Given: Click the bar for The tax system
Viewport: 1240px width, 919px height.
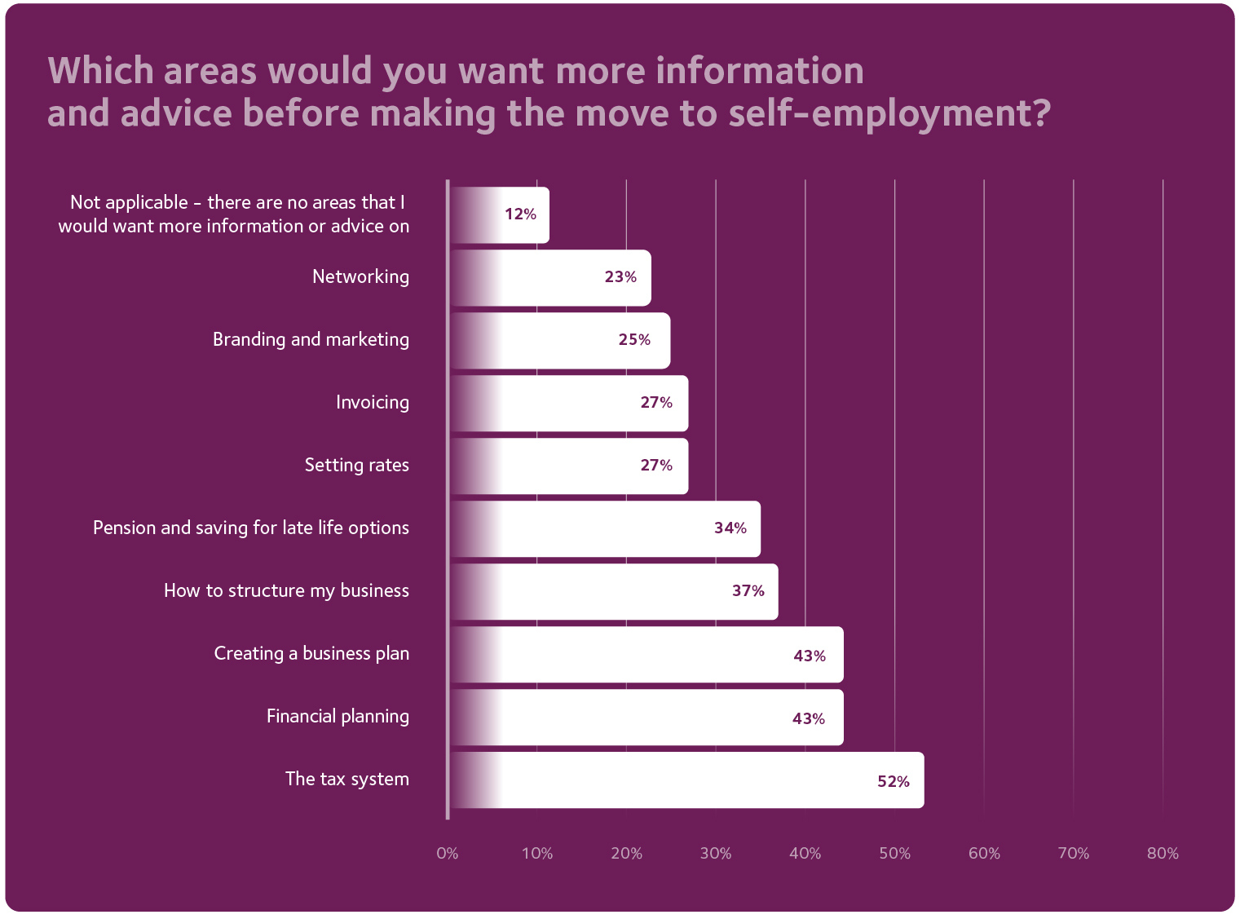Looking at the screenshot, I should (686, 780).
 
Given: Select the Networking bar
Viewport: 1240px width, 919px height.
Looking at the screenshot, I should (550, 278).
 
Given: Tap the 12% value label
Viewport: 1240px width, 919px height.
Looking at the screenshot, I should (520, 214).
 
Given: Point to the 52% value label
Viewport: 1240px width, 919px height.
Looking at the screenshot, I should (893, 781).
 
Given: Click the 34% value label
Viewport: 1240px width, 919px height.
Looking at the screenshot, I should (730, 528).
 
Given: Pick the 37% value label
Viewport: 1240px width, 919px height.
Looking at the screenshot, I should (748, 591).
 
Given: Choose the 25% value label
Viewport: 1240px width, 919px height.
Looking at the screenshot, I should (634, 340).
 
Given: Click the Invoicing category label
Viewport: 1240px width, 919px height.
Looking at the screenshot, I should (372, 403).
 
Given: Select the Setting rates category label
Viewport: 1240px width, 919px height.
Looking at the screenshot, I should (356, 466).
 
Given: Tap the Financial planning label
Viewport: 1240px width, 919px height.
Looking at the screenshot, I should (338, 717).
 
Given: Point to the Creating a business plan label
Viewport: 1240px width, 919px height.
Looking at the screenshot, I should (311, 654).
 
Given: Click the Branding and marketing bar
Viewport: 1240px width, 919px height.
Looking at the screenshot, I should (560, 341).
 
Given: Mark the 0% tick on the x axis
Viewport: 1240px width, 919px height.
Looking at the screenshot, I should (448, 854).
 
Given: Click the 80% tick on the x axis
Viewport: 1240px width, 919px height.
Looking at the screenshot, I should (1163, 854).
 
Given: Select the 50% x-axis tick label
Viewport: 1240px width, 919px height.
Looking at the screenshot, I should (894, 854).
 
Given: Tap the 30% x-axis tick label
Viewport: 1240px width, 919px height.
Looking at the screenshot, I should (716, 854).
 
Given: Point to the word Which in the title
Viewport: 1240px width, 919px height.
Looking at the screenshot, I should (100, 71).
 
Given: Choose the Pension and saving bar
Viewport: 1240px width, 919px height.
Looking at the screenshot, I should (605, 529).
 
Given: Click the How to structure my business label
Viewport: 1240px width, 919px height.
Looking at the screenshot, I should (286, 591).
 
